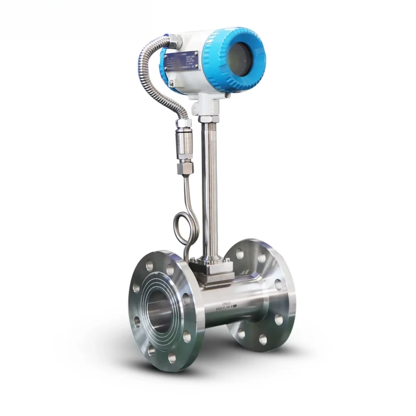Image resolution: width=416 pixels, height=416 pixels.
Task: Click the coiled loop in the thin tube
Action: tap(181, 228)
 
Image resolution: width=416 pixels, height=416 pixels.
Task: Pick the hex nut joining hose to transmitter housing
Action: tap(174, 41)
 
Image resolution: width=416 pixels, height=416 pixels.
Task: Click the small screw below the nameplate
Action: tap(171, 83)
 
